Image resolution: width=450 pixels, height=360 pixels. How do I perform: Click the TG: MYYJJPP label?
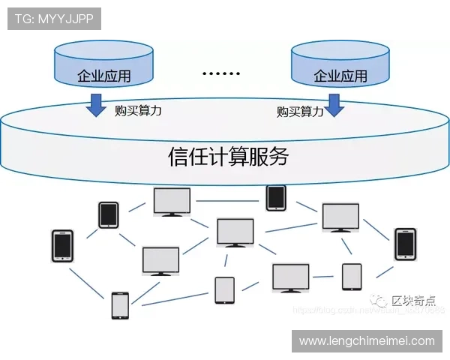[x=54, y=19]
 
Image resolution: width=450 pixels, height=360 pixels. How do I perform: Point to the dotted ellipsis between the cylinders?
[x=222, y=74]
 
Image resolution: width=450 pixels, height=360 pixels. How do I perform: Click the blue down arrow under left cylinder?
[x=96, y=105]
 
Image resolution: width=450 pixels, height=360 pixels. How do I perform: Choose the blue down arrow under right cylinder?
[x=334, y=105]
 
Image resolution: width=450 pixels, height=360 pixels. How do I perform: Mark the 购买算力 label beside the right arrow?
[x=300, y=112]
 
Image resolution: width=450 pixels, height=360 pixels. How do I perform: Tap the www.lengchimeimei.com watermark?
[x=367, y=341]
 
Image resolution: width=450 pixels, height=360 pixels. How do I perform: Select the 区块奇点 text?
[x=414, y=301]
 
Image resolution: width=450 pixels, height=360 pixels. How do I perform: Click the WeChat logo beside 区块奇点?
[x=383, y=301]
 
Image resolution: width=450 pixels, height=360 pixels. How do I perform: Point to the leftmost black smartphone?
[x=62, y=246]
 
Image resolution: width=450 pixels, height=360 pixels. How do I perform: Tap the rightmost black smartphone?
[x=405, y=244]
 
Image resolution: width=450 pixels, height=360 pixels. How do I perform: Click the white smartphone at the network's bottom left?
[x=119, y=306]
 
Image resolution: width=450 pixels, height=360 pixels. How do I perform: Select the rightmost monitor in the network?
[x=340, y=218]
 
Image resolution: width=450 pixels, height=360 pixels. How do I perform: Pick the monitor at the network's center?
[x=235, y=232]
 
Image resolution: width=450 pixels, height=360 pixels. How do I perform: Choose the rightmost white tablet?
[x=352, y=277]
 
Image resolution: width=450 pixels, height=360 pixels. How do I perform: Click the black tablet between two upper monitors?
[x=276, y=197]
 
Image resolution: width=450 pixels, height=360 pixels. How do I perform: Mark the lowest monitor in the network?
[x=291, y=278]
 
